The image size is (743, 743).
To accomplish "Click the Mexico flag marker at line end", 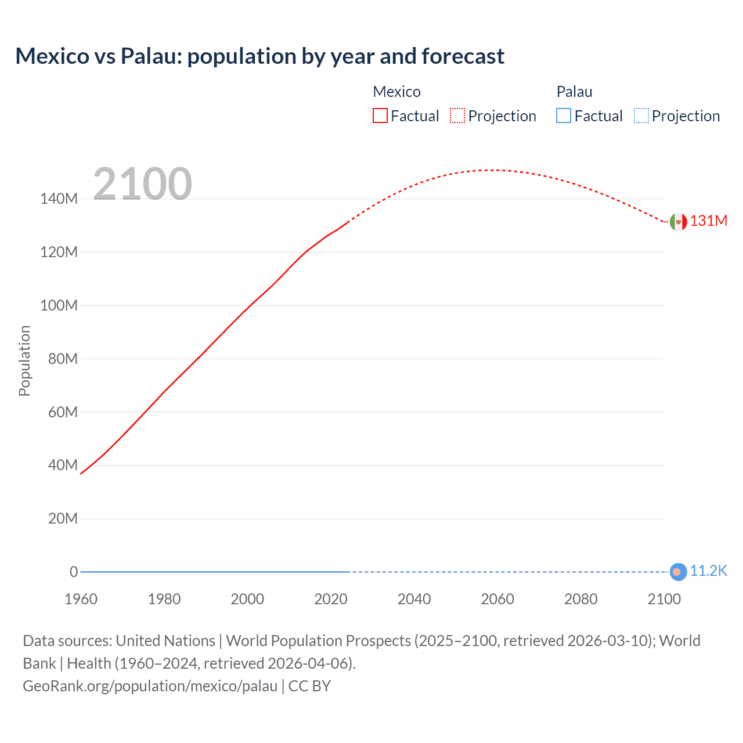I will coord(678,222).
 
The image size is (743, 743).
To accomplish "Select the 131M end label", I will coord(708,221).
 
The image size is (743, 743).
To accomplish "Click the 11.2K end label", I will coord(708,571).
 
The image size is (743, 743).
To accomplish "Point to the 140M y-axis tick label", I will coord(59,199).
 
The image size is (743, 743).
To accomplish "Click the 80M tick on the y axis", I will coord(63,359).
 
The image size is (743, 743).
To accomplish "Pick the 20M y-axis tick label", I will coord(63,518).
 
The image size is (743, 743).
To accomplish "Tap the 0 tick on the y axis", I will coord(74,572).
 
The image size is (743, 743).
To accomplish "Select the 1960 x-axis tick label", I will coord(81,599).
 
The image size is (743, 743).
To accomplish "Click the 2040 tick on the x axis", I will coord(414,599).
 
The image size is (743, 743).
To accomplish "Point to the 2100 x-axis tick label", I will coord(664,599).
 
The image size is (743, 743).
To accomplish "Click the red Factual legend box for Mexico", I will coord(380,116).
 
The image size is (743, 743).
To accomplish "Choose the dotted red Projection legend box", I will coord(457,116).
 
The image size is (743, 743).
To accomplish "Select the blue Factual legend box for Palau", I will coord(564,116).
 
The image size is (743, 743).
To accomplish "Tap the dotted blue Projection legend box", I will coord(641,116).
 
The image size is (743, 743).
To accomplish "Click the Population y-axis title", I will coord(24,360).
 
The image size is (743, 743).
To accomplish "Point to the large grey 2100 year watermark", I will coord(142,184).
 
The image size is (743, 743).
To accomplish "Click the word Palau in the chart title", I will coord(150,56).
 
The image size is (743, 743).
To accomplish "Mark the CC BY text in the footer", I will coord(309,686).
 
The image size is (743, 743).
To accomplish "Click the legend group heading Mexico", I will coord(396,92).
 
